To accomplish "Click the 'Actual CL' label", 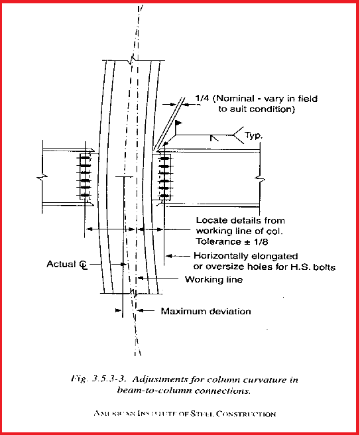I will tap(67, 264).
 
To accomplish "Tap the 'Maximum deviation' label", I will tap(206, 310).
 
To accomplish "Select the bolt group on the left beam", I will tap(84, 176).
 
